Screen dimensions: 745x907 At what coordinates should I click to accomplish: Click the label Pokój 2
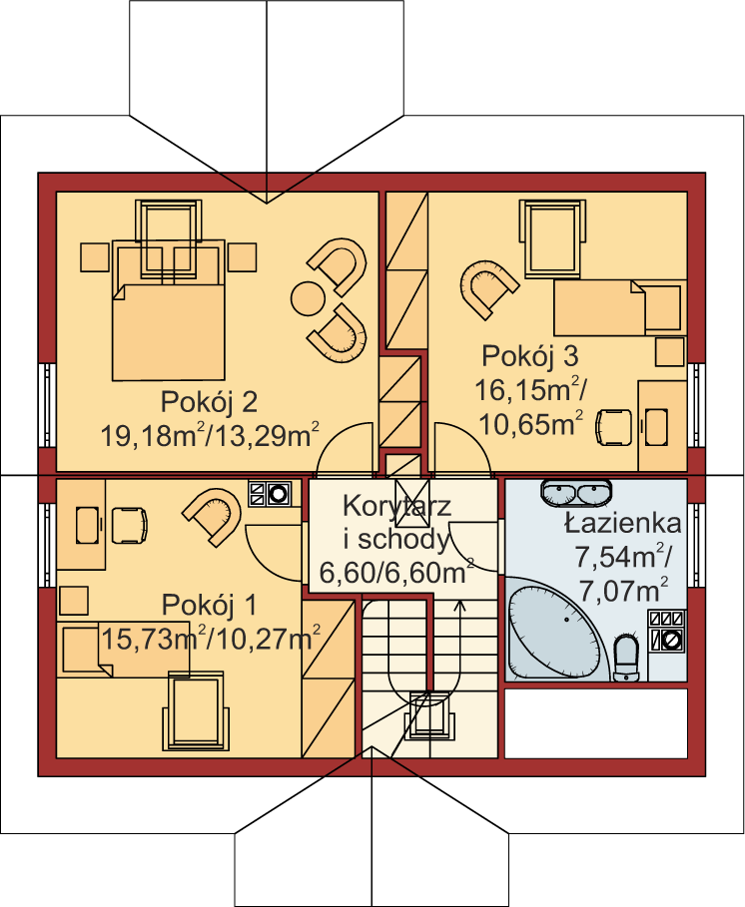click(x=209, y=402)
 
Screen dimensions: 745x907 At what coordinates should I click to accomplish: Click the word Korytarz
click(x=396, y=506)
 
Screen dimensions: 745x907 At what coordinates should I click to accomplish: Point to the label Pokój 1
click(x=209, y=605)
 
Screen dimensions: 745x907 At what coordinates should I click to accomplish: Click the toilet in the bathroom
click(x=625, y=658)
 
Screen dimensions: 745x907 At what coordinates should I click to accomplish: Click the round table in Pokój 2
click(x=308, y=298)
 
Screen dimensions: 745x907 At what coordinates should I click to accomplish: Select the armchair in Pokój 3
click(x=488, y=288)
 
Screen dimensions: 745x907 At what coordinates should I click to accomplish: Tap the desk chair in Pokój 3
click(x=613, y=427)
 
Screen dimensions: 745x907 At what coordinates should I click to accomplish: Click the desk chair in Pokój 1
click(x=129, y=525)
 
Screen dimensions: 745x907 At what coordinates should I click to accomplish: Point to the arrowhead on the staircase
click(x=460, y=607)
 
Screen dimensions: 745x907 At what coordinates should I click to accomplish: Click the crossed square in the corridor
click(x=412, y=495)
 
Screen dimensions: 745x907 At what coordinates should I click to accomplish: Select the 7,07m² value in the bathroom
click(x=623, y=591)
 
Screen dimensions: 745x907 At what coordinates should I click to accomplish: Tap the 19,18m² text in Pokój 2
click(x=153, y=436)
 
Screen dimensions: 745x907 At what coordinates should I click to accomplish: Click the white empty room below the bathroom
click(x=596, y=723)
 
